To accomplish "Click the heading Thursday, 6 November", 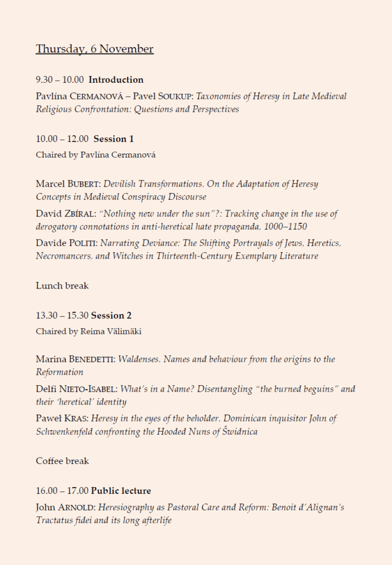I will tap(94, 49).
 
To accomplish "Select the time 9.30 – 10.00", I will tap(60, 80).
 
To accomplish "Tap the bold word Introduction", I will tap(116, 80).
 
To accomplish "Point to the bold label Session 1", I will tap(114, 139).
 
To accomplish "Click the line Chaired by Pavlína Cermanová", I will tap(96, 155).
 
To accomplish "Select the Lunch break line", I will tap(62, 286).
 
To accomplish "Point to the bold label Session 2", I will tap(112, 316).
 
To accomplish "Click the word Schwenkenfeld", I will tap(66, 431).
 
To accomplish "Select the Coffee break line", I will tap(62, 461).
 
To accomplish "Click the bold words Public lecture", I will tap(121, 491).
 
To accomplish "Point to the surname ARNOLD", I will tap(77, 508).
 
